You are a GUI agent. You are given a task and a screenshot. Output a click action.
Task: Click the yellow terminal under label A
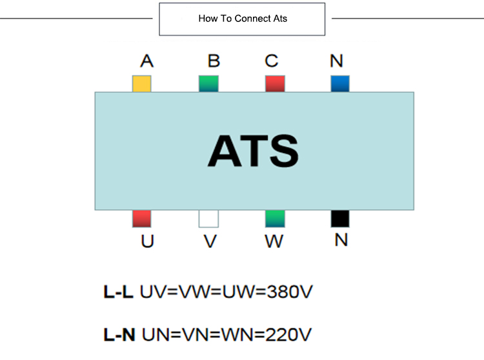click(141, 84)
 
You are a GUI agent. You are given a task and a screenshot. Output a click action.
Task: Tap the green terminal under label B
click(208, 84)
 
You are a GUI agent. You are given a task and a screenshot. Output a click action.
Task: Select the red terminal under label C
click(275, 84)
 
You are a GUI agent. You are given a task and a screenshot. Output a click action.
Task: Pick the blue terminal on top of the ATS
click(340, 84)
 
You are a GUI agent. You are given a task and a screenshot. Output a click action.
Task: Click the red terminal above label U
click(141, 219)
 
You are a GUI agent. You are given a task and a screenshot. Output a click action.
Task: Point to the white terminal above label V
click(208, 219)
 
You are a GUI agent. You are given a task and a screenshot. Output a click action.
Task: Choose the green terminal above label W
click(275, 219)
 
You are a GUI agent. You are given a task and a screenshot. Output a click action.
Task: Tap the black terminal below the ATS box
click(340, 219)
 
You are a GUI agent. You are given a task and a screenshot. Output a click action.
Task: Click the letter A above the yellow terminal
click(146, 61)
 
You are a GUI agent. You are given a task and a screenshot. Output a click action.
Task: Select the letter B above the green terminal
click(214, 61)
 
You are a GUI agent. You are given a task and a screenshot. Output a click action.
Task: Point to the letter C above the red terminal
click(272, 61)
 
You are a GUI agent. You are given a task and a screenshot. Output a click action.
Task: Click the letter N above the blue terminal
click(336, 61)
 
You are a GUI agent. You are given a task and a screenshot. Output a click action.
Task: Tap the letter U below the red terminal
click(147, 243)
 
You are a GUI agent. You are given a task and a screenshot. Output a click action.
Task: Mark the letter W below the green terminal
click(274, 243)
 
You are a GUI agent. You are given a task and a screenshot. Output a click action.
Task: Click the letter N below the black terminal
click(341, 241)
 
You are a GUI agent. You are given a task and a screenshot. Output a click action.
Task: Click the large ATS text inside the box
click(253, 151)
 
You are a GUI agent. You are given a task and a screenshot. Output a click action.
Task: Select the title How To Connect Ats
click(243, 19)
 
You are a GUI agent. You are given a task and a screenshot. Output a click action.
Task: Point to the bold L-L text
click(118, 292)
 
